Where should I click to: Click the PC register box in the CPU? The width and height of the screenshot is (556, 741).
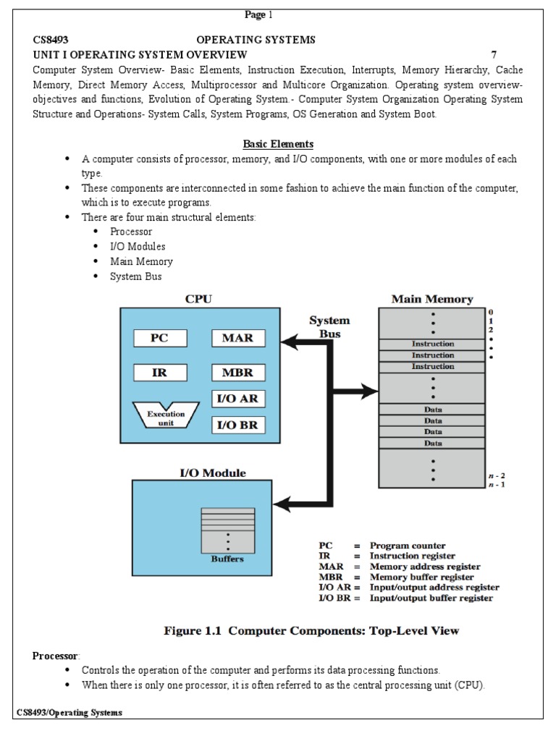tap(160, 338)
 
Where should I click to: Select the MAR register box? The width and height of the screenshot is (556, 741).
tap(238, 338)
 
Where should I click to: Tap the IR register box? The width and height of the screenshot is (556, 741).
tap(160, 373)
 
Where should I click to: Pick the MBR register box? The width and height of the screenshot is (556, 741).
tap(238, 373)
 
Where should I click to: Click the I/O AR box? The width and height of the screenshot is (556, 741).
tap(238, 399)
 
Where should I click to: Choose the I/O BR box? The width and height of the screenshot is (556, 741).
tap(238, 425)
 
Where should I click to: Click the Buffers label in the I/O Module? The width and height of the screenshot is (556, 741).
tap(227, 559)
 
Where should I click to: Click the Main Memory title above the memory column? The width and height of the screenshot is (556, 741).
tap(432, 299)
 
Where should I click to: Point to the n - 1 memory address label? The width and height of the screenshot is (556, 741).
tap(497, 484)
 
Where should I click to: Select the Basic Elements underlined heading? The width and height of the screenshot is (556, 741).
tap(278, 144)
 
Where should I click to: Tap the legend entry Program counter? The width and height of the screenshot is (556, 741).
tap(408, 546)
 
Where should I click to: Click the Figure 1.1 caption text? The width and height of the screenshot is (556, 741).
tap(312, 631)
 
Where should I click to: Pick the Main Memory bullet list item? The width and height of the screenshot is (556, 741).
tap(141, 261)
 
